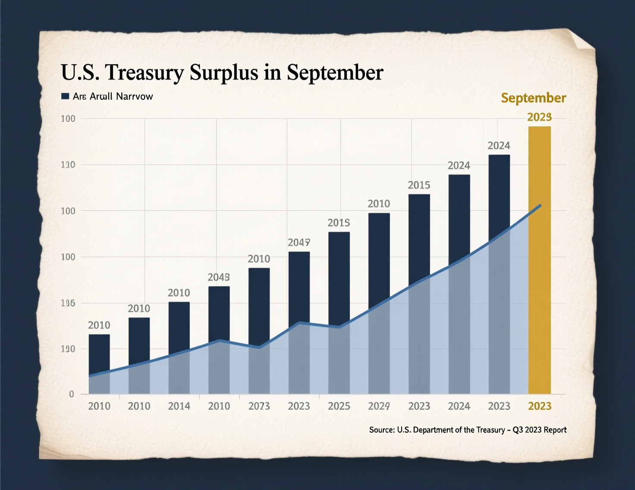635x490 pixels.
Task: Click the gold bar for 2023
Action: tap(539, 259)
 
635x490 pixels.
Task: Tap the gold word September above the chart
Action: tap(533, 98)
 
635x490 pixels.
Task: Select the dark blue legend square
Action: tap(65, 96)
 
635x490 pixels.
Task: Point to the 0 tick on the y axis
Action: tap(72, 394)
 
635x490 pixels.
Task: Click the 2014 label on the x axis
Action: tap(179, 406)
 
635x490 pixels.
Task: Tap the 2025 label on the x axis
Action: tap(339, 406)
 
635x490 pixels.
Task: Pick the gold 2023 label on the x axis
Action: tap(540, 406)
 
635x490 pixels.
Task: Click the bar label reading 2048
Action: tap(219, 277)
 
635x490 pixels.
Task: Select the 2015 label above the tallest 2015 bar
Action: tap(419, 185)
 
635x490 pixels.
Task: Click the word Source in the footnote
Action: tap(381, 430)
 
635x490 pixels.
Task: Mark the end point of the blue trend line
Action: tap(540, 206)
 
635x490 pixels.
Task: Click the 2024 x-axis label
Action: tap(459, 406)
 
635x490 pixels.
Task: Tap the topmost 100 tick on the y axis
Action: tap(68, 119)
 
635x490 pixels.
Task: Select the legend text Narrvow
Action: tap(134, 96)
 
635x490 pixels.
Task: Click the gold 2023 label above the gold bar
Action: tap(539, 117)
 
